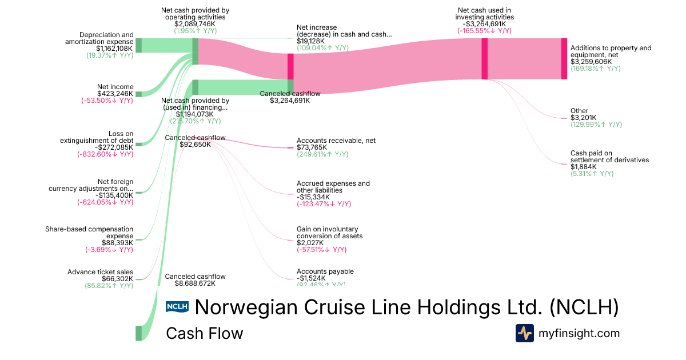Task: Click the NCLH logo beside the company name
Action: tap(177, 307)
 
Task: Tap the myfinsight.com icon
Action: tap(524, 333)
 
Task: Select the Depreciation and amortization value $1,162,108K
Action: tap(114, 49)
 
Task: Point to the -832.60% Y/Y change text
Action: tap(105, 154)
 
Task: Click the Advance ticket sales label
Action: tap(100, 272)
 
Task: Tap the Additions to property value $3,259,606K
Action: tap(591, 62)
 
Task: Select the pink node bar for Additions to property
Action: tap(564, 58)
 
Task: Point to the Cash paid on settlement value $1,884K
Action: tap(582, 167)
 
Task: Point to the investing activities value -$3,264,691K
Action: tap(485, 24)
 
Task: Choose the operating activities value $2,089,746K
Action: tap(195, 24)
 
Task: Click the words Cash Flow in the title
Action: tap(204, 333)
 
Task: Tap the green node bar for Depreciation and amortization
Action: tap(138, 45)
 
